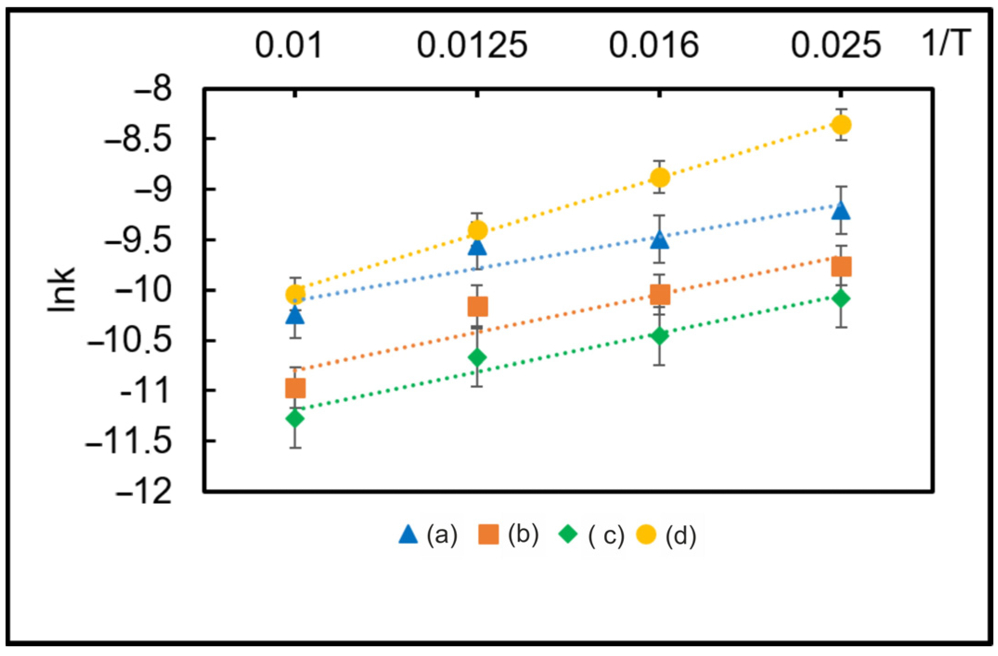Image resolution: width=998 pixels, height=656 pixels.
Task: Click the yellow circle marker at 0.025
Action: (x=841, y=125)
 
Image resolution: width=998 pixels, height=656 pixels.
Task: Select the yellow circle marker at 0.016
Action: (x=660, y=177)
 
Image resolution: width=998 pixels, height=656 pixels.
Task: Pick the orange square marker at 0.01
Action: (x=295, y=388)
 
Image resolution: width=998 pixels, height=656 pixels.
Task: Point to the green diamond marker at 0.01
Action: (x=295, y=418)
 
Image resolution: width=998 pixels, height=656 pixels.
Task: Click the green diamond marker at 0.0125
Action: (x=478, y=357)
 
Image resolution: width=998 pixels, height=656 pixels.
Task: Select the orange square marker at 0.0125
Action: (x=478, y=307)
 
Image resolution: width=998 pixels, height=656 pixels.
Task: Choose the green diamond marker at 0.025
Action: (x=841, y=298)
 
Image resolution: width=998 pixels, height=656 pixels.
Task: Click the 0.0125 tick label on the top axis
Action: (x=472, y=45)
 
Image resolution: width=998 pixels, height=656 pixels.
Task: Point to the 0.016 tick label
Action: (x=653, y=45)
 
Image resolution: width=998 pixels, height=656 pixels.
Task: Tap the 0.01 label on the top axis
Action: (x=288, y=45)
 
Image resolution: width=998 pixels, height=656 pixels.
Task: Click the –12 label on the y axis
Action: (x=144, y=492)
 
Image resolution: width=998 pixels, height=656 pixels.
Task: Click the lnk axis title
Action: (x=62, y=290)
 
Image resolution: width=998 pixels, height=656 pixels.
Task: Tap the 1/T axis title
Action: (x=946, y=43)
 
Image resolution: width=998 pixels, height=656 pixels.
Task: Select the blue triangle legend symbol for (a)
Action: (x=409, y=534)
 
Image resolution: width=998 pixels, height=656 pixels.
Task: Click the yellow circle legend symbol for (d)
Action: (x=646, y=534)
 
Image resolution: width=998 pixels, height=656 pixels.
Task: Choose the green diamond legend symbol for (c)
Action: (x=568, y=534)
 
